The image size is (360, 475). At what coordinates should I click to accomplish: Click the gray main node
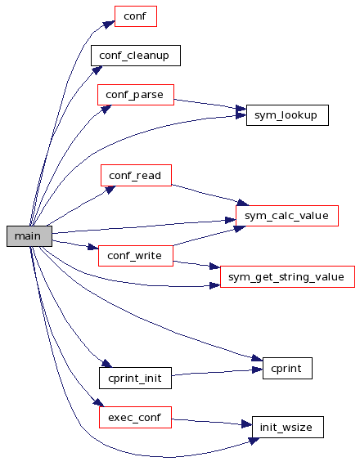pyautogui.click(x=29, y=236)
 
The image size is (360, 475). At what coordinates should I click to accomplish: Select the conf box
pyautogui.click(x=136, y=16)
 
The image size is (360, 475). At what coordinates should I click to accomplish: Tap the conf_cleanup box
pyautogui.click(x=136, y=56)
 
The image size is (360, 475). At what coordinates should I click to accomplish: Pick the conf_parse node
pyautogui.click(x=136, y=95)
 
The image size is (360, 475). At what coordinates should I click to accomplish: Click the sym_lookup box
pyautogui.click(x=287, y=115)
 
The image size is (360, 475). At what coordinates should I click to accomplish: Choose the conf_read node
pyautogui.click(x=136, y=176)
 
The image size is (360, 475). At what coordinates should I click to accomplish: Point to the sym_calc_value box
pyautogui.click(x=287, y=216)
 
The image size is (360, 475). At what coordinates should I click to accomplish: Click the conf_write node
pyautogui.click(x=136, y=256)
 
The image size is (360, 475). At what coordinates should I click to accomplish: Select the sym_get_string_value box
pyautogui.click(x=287, y=277)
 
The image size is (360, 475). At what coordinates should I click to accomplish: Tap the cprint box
pyautogui.click(x=287, y=368)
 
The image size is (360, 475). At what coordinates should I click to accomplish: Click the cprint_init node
pyautogui.click(x=135, y=378)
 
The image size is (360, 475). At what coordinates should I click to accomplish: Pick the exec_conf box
pyautogui.click(x=135, y=418)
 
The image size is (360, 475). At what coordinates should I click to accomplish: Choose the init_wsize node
pyautogui.click(x=288, y=427)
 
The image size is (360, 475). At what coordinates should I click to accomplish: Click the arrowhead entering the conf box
pyautogui.click(x=109, y=24)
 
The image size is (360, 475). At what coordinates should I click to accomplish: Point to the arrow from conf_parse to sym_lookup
pyautogui.click(x=210, y=104)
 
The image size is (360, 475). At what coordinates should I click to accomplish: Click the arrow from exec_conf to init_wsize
pyautogui.click(x=212, y=423)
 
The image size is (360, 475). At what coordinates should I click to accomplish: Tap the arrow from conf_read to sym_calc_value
pyautogui.click(x=209, y=195)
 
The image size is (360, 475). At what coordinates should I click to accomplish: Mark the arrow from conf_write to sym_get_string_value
pyautogui.click(x=196, y=264)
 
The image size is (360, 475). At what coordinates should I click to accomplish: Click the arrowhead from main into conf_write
pyautogui.click(x=93, y=247)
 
